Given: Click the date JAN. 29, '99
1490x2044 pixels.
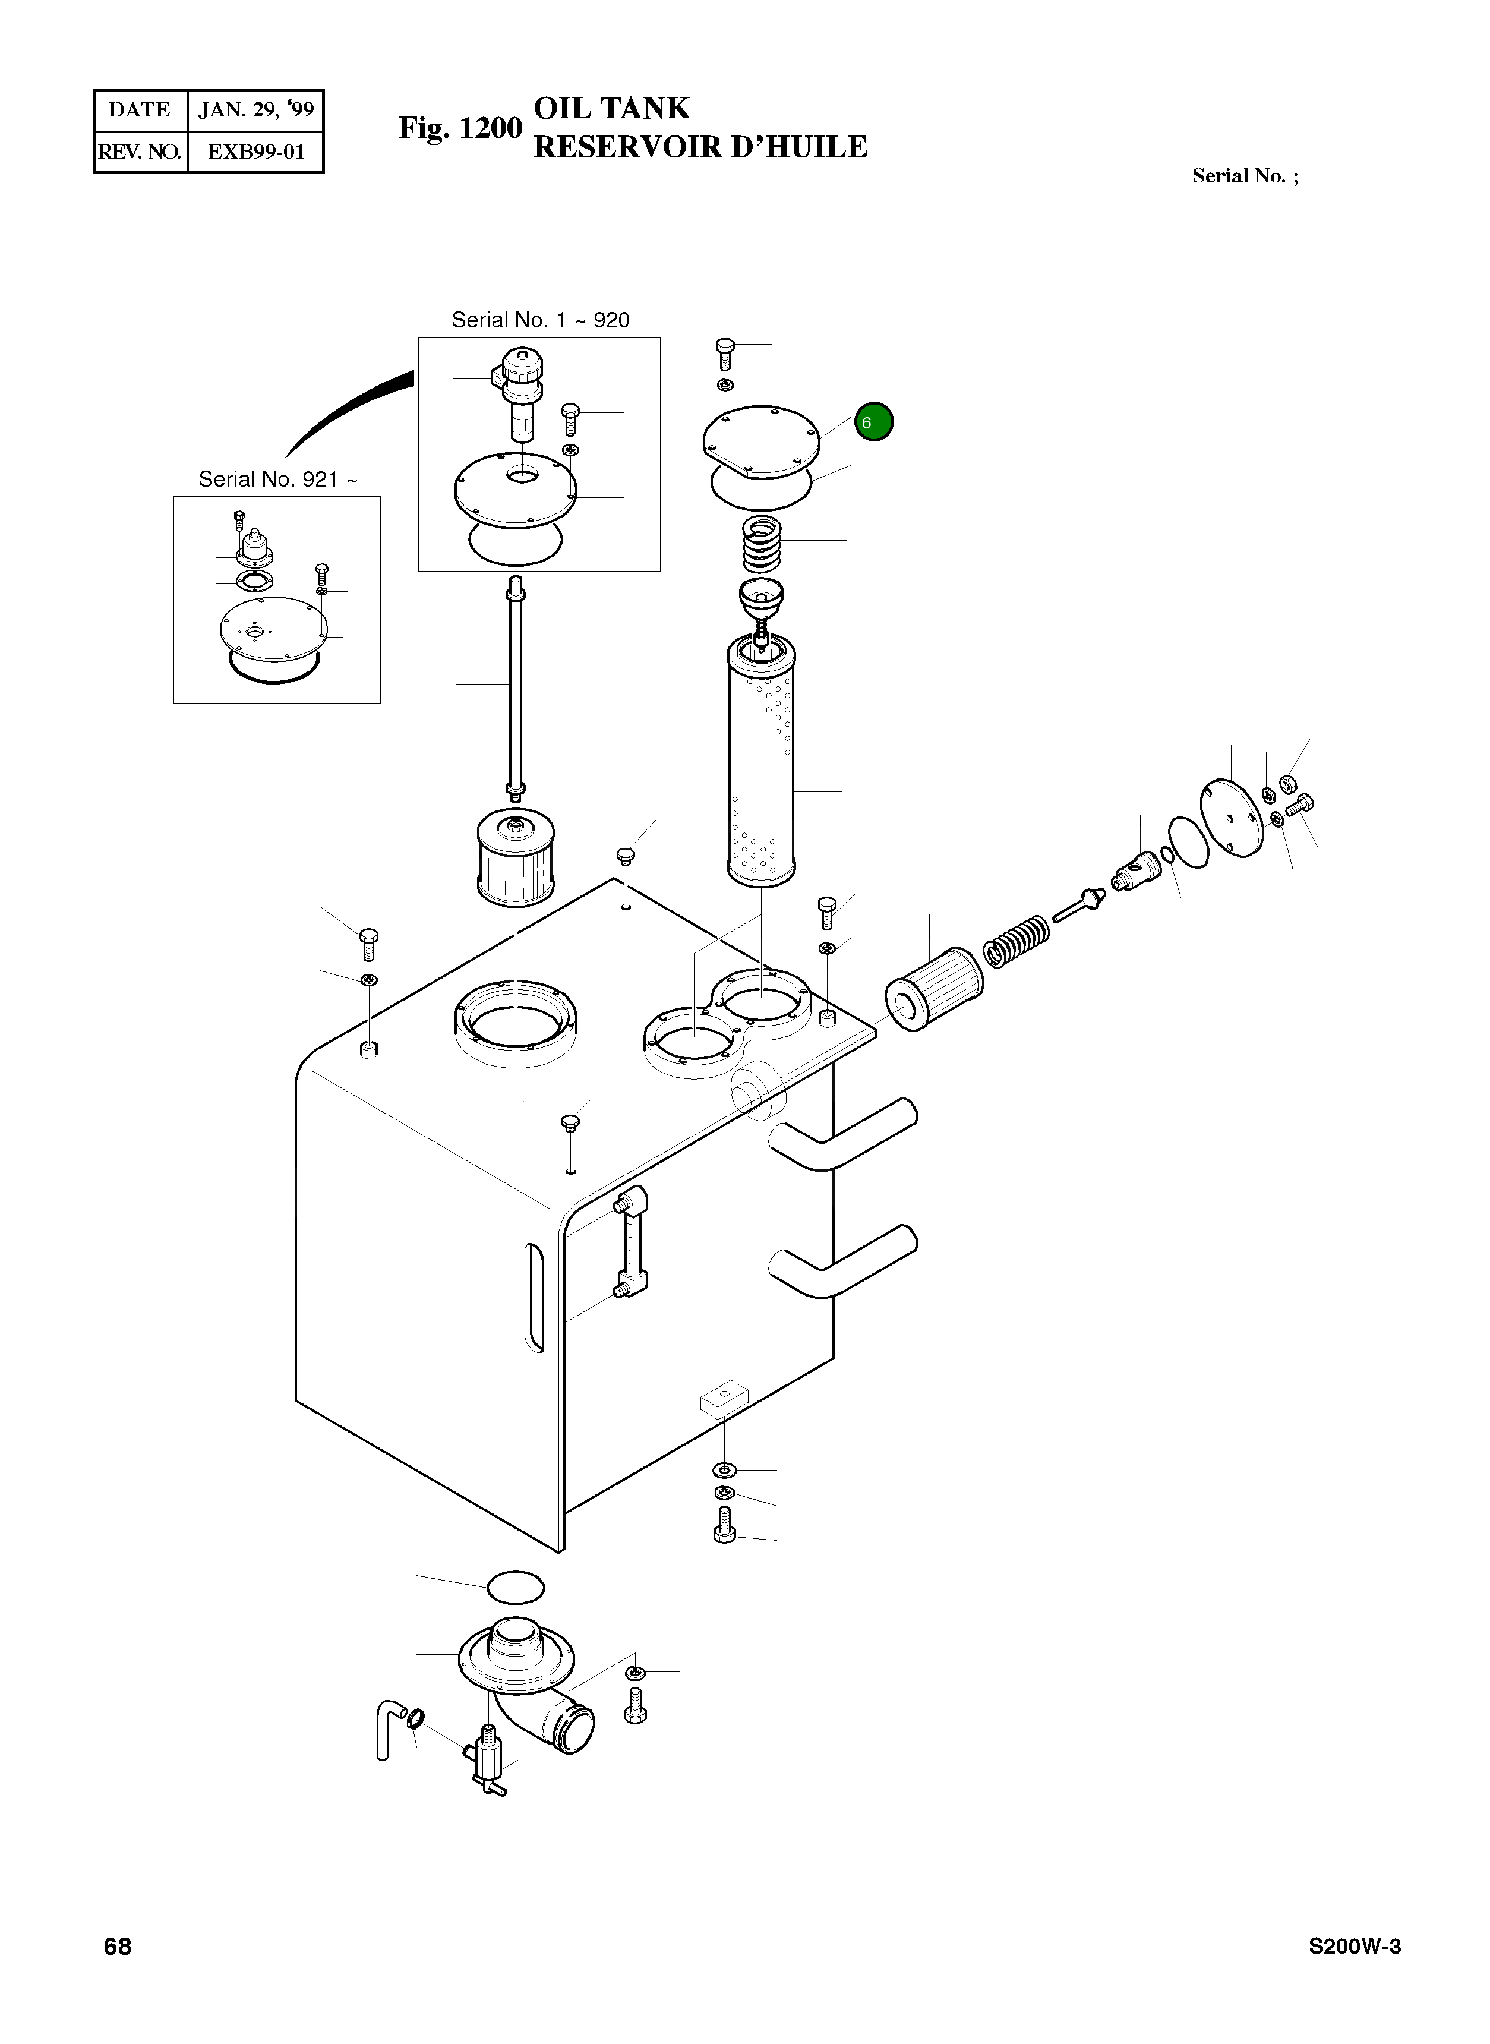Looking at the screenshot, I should point(256,110).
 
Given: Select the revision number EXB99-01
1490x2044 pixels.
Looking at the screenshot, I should point(256,152).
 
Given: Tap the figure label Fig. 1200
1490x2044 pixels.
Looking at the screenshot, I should point(460,128).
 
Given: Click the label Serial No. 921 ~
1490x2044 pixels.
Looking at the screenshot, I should point(277,479).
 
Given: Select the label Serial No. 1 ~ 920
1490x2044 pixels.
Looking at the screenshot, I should point(540,320).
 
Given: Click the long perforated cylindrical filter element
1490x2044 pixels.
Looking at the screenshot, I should point(761,762).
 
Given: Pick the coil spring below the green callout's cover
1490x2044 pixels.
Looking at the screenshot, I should point(761,543).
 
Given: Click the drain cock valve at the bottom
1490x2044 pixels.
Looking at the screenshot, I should point(487,1756).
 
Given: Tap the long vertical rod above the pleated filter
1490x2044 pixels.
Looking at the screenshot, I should point(515,686).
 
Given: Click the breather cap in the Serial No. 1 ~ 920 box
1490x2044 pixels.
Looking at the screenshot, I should point(521,388).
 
